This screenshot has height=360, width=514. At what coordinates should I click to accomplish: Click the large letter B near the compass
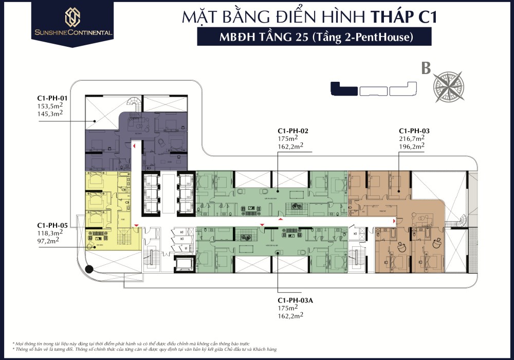point(426,68)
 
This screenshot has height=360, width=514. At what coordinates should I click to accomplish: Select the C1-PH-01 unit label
point(52,98)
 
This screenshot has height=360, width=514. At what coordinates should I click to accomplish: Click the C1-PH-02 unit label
point(293,131)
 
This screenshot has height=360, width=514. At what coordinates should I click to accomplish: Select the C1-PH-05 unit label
point(52,225)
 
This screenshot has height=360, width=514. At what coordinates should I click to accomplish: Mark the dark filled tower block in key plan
point(344,88)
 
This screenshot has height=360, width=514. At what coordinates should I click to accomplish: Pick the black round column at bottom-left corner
point(89,268)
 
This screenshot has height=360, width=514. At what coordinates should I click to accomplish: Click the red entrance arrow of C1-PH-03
point(394,221)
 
